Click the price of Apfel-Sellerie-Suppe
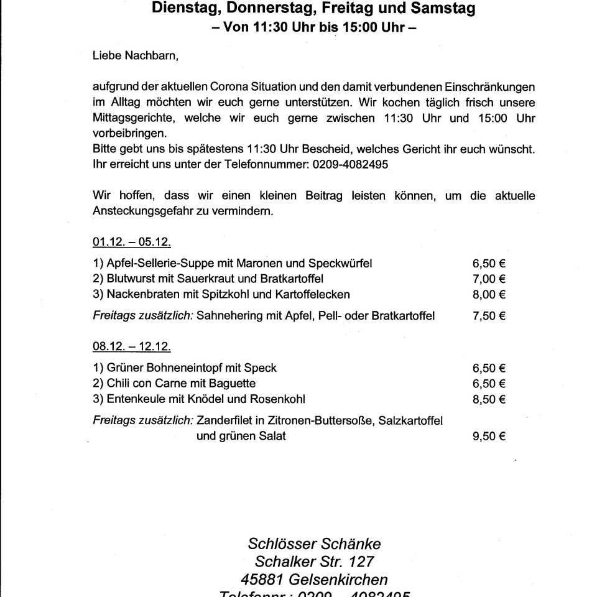tap(489, 263)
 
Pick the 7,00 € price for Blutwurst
tap(489, 278)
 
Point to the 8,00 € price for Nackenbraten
tap(489, 294)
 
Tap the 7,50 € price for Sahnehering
tap(489, 316)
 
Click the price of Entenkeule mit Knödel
tap(489, 399)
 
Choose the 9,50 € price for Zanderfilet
tap(489, 437)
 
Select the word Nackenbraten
tap(136, 294)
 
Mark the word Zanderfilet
tap(224, 421)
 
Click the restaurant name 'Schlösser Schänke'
tap(315, 544)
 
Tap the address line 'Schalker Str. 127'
tap(315, 562)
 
